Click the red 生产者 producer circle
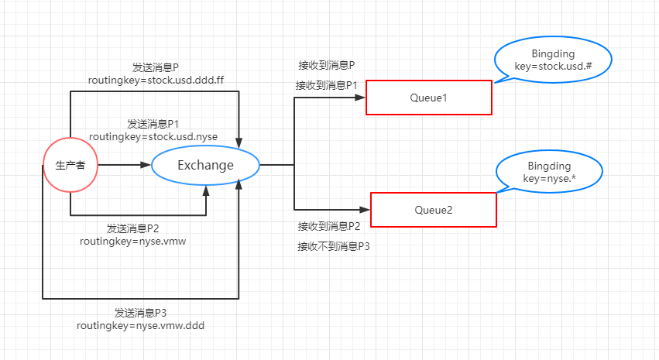pyautogui.click(x=70, y=165)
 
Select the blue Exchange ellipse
pyautogui.click(x=205, y=165)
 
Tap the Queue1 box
pyautogui.click(x=428, y=98)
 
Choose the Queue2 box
pyautogui.click(x=433, y=210)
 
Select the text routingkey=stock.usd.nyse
pyautogui.click(x=153, y=136)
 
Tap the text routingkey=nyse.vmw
pyautogui.click(x=132, y=241)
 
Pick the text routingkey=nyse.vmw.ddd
pyautogui.click(x=140, y=326)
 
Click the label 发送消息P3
pyautogui.click(x=141, y=313)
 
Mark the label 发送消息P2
pyautogui.click(x=132, y=228)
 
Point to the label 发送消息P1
pyautogui.click(x=153, y=124)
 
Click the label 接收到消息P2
pyautogui.click(x=330, y=226)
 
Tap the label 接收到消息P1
pyautogui.click(x=327, y=84)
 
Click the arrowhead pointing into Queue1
pyautogui.click(x=360, y=98)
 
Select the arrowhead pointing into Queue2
pyautogui.click(x=365, y=210)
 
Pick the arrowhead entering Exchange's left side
pyautogui.click(x=146, y=165)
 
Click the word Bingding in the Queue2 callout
pyautogui.click(x=549, y=166)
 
